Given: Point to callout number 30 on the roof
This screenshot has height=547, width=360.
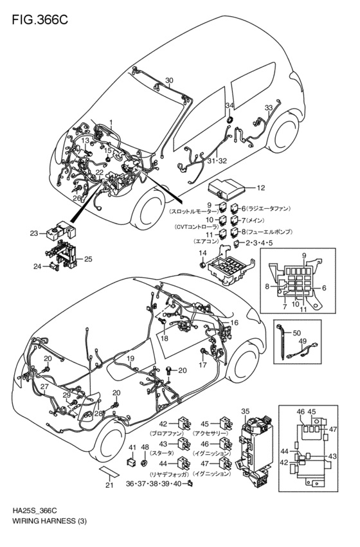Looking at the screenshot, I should (x=168, y=81).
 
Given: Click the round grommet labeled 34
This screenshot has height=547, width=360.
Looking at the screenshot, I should (x=229, y=119).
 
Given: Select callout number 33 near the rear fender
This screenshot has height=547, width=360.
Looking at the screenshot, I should (x=268, y=107).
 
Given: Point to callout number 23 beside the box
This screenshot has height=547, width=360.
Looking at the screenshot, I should (x=33, y=234).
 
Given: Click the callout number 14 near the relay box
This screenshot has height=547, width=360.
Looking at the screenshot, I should (x=202, y=255).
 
